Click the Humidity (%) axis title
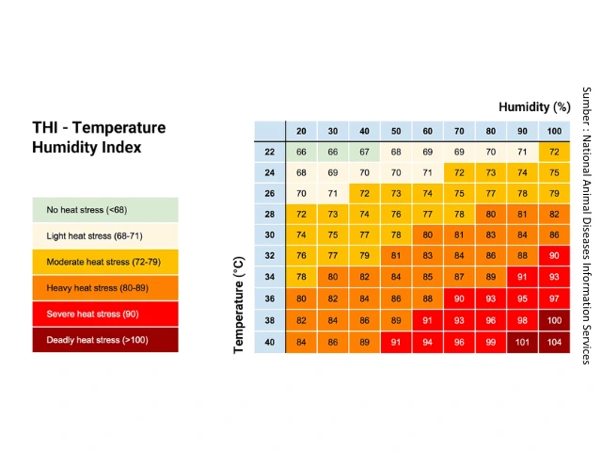[534, 106]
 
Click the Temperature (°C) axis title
[238, 305]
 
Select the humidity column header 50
[396, 131]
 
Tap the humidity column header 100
[554, 131]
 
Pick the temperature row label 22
[270, 152]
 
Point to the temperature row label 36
[270, 299]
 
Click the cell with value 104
[554, 343]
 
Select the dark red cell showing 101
[522, 343]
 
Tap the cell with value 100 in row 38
[554, 320]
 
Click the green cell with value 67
[364, 152]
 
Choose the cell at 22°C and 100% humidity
[554, 152]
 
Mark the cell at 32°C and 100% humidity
[554, 255]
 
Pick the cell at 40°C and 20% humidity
[301, 343]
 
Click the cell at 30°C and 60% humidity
[427, 234]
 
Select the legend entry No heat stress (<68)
[105, 210]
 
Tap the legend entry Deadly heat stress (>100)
[105, 340]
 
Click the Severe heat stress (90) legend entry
[105, 314]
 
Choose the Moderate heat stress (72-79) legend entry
[105, 262]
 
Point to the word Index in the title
[123, 147]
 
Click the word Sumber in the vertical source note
[586, 102]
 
